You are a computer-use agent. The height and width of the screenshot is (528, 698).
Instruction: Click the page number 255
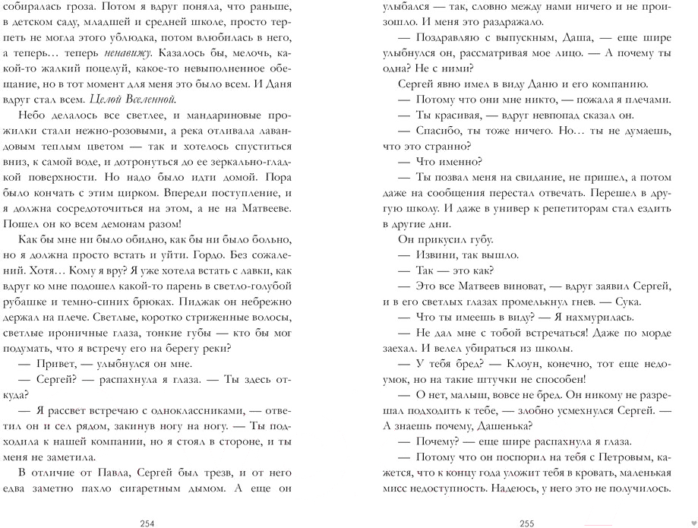[527, 522]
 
